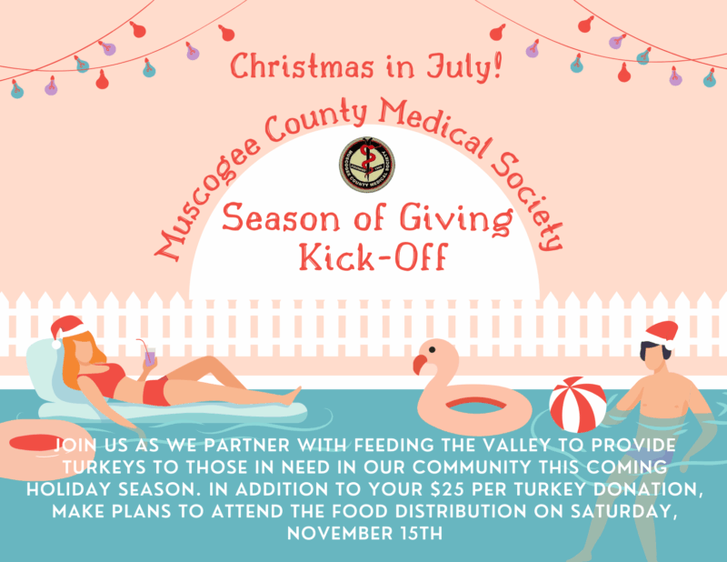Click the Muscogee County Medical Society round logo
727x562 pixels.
367,165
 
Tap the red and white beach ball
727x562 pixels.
578,404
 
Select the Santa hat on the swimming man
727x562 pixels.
662,334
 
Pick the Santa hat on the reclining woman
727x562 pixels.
68,329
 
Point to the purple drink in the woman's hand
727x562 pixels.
150,356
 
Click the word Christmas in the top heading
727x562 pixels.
302,66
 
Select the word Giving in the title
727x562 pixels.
457,219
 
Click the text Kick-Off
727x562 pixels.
373,256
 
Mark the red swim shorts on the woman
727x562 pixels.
155,391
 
